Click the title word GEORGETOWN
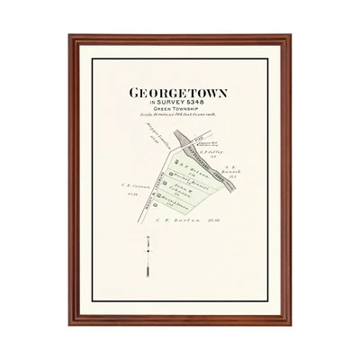tap(179, 93)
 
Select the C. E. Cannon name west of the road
tap(129, 185)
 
